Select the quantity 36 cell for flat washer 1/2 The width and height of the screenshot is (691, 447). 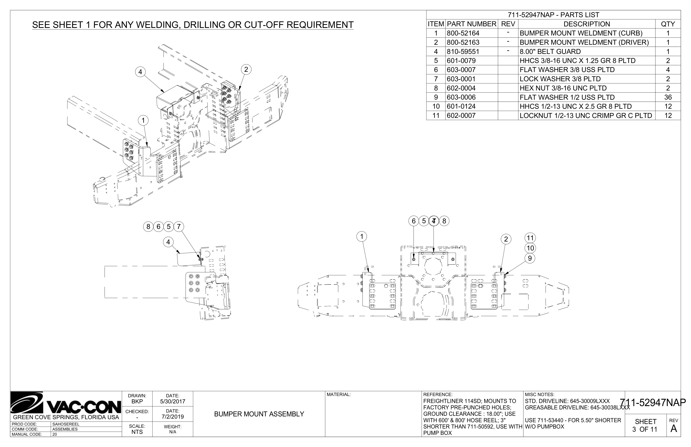[668, 97]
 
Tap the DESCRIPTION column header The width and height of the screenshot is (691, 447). [586, 24]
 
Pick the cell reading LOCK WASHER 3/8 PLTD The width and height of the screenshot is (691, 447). [560, 79]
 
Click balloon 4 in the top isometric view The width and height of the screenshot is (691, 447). [141, 72]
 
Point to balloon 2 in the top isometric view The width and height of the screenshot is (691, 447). [246, 70]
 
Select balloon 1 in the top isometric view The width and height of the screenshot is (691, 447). [143, 120]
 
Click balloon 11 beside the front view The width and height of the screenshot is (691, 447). [530, 238]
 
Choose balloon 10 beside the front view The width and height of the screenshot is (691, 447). [530, 248]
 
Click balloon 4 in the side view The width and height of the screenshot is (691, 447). [168, 242]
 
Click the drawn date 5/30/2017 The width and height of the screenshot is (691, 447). [172, 402]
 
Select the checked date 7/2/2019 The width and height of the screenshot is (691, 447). [172, 417]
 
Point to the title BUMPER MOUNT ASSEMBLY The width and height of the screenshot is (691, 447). [259, 414]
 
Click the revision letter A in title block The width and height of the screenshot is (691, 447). [674, 429]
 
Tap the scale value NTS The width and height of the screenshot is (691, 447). [137, 432]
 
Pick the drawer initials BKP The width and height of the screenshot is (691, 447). [137, 402]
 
